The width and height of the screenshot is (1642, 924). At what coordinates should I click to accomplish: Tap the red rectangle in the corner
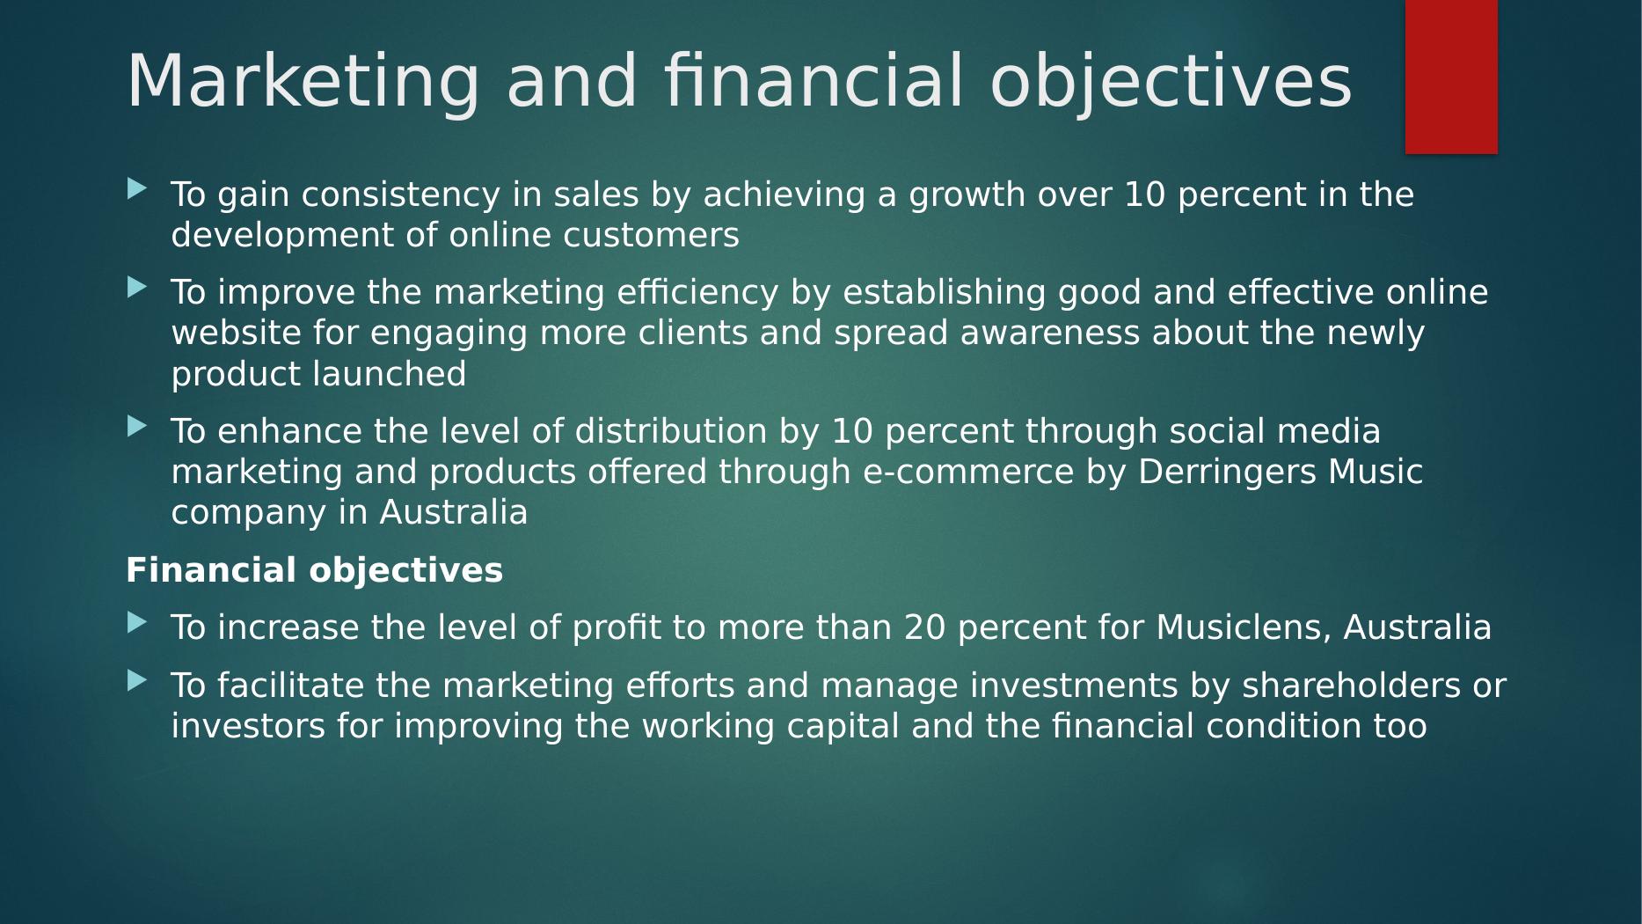tap(1451, 77)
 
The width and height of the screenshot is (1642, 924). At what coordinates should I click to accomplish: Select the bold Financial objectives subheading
tap(314, 570)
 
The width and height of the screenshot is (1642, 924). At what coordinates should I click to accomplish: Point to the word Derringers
tap(1227, 473)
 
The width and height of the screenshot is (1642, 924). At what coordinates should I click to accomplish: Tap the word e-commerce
tap(968, 473)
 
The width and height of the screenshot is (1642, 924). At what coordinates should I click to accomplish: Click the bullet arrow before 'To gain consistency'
tap(137, 188)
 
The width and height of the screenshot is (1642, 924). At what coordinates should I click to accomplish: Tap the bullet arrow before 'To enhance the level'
tap(137, 426)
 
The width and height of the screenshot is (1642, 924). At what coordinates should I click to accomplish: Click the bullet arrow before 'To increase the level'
tap(137, 622)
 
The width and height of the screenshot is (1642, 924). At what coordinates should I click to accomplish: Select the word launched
tap(389, 375)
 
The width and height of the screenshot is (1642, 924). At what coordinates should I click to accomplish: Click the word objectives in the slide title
tap(1171, 82)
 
